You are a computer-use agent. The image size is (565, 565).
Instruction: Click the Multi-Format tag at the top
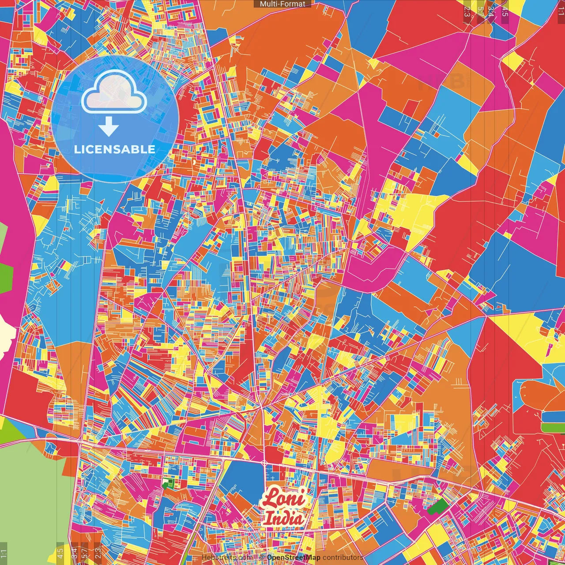282,4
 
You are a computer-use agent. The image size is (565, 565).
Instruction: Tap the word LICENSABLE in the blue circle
114,149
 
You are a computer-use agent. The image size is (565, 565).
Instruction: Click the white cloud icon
114,92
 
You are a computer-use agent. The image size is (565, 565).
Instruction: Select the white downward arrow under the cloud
109,128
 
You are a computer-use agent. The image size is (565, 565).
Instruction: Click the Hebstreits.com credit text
227,557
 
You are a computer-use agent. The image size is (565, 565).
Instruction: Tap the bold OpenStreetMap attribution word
294,557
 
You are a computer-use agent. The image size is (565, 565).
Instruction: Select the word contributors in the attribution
343,557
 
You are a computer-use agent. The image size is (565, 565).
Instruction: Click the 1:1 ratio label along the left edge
4,553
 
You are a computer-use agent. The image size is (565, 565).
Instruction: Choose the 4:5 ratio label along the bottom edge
60,553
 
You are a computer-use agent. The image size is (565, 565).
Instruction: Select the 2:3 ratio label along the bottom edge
98,553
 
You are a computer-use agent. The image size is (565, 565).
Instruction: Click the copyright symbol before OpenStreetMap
261,557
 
